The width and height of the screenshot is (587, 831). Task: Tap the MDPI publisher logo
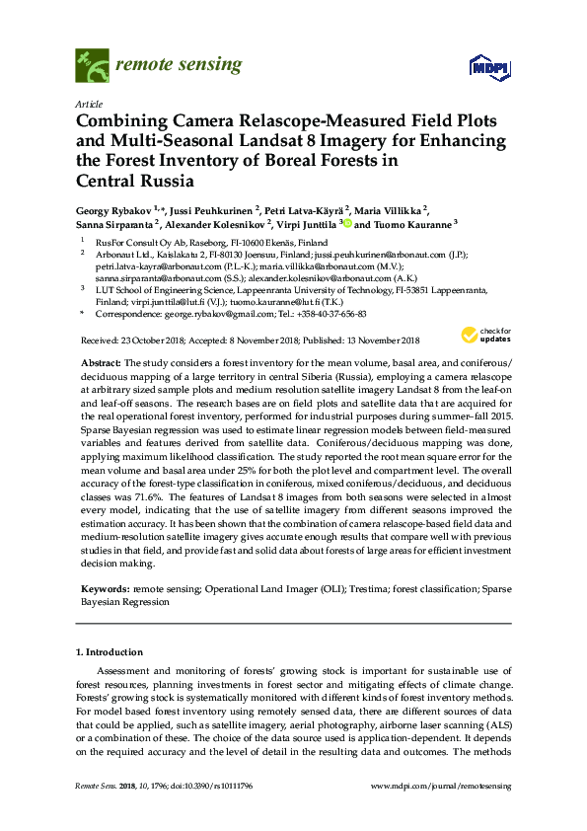478,67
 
